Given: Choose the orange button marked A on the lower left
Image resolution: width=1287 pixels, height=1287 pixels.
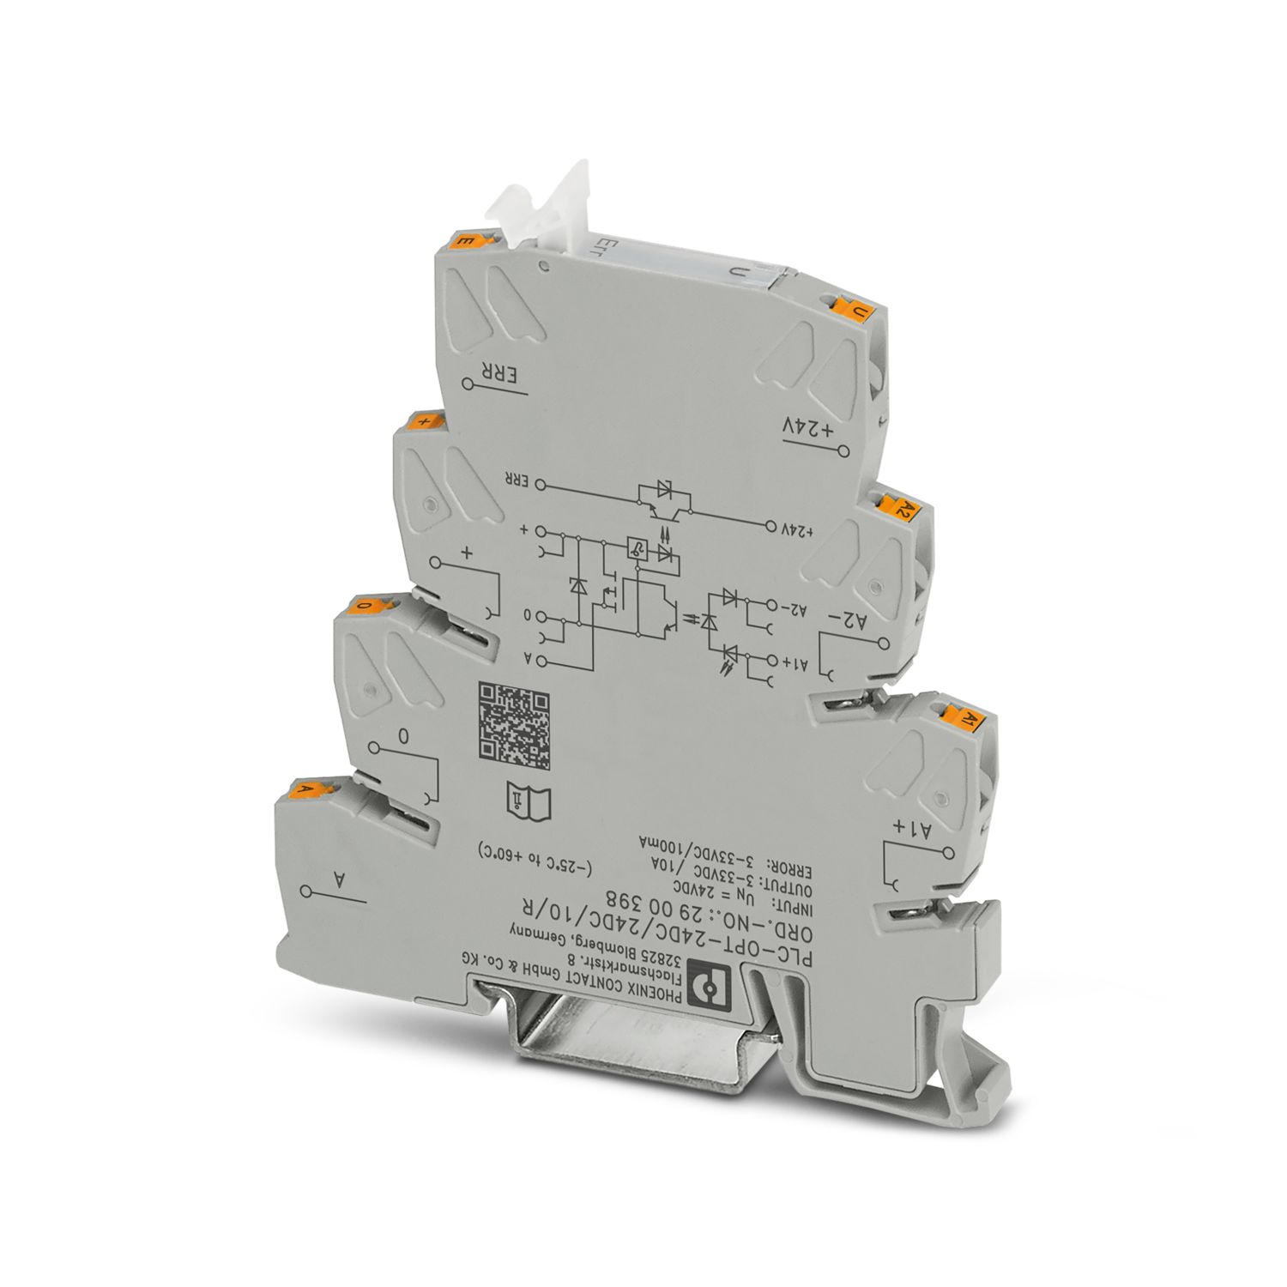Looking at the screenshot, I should [x=309, y=789].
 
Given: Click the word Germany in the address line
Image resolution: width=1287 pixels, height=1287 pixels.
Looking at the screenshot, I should [x=544, y=934].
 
